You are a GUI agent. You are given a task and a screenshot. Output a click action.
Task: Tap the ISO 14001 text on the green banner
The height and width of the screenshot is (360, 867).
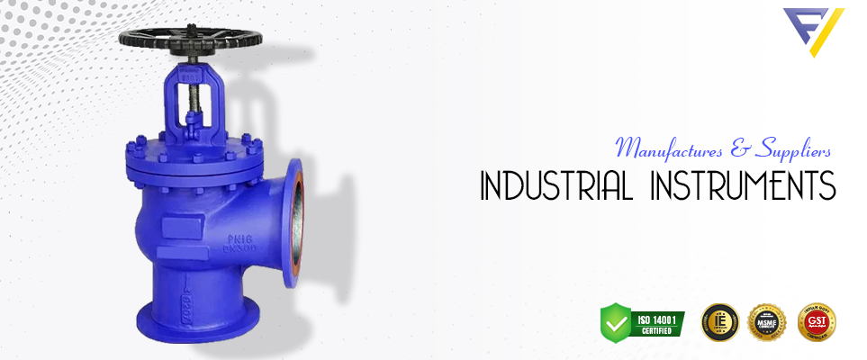(655, 317)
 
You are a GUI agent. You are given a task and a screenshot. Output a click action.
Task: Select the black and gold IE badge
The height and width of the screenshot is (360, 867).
(718, 322)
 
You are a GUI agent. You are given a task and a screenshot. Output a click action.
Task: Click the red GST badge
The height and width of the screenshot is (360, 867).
(817, 321)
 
